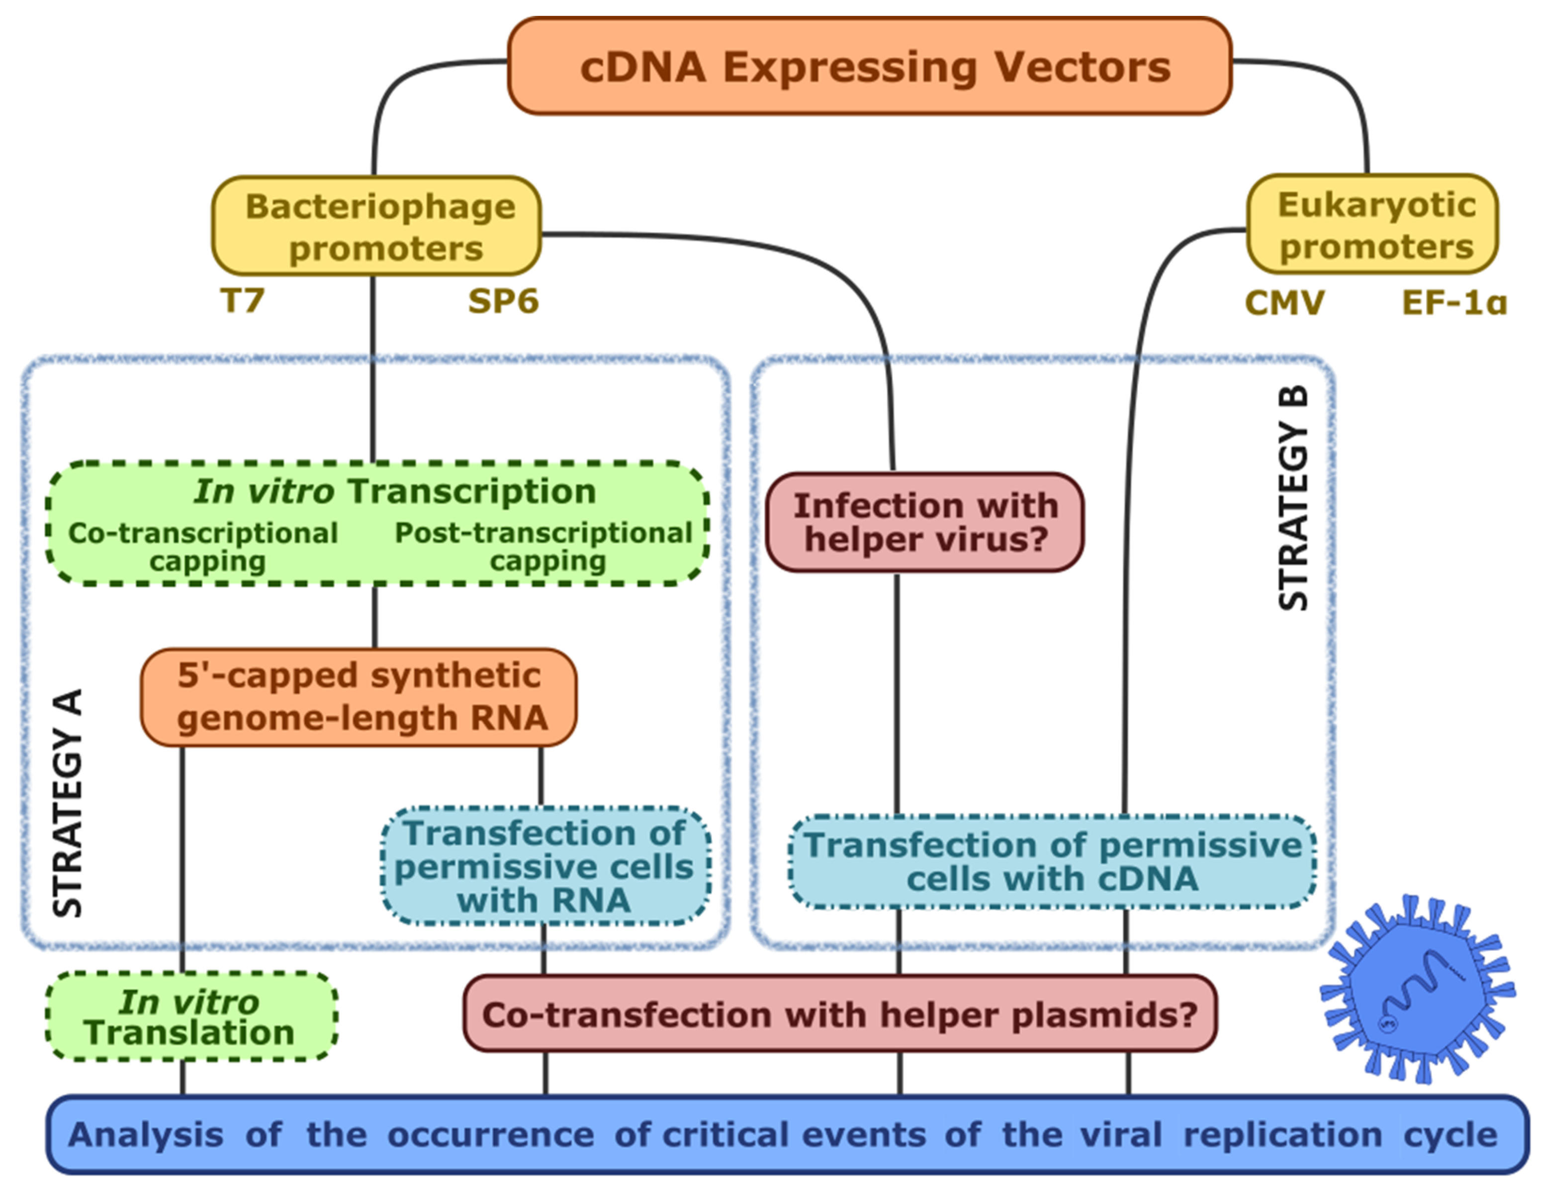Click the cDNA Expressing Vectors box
869,66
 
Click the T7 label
243,301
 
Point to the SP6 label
503,302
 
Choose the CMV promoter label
1284,303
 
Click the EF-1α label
1453,303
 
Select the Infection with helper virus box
924,522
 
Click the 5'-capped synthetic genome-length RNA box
359,697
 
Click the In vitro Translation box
190,1016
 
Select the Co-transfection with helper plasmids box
840,1014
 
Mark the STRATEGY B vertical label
1294,498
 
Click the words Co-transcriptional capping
203,547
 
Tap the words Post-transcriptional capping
544,547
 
